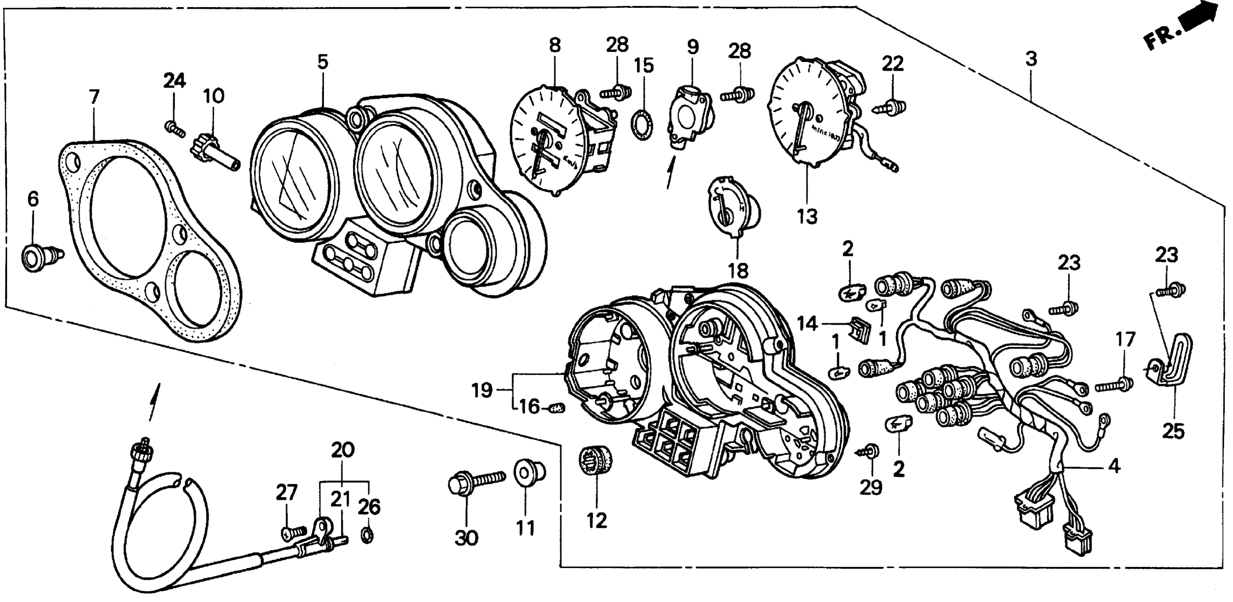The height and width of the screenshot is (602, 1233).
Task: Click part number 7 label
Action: tap(94, 97)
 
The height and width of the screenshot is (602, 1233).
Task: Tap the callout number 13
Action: tap(807, 216)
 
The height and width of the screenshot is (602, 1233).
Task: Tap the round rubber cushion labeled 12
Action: tap(596, 462)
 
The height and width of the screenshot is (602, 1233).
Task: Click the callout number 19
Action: tap(481, 390)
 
